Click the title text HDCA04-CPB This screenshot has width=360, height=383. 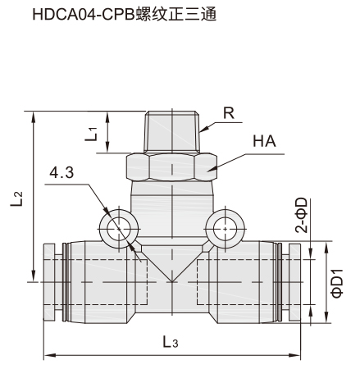click(84, 14)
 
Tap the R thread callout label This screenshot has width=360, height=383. click(229, 113)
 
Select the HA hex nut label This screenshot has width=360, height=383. click(264, 141)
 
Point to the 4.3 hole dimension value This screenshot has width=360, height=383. click(62, 172)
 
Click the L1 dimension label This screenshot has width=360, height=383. click(91, 134)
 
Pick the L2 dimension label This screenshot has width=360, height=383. click(16, 199)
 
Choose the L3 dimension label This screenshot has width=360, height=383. click(171, 342)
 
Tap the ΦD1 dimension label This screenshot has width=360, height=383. click(337, 283)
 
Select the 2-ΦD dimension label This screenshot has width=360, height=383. click(301, 215)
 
